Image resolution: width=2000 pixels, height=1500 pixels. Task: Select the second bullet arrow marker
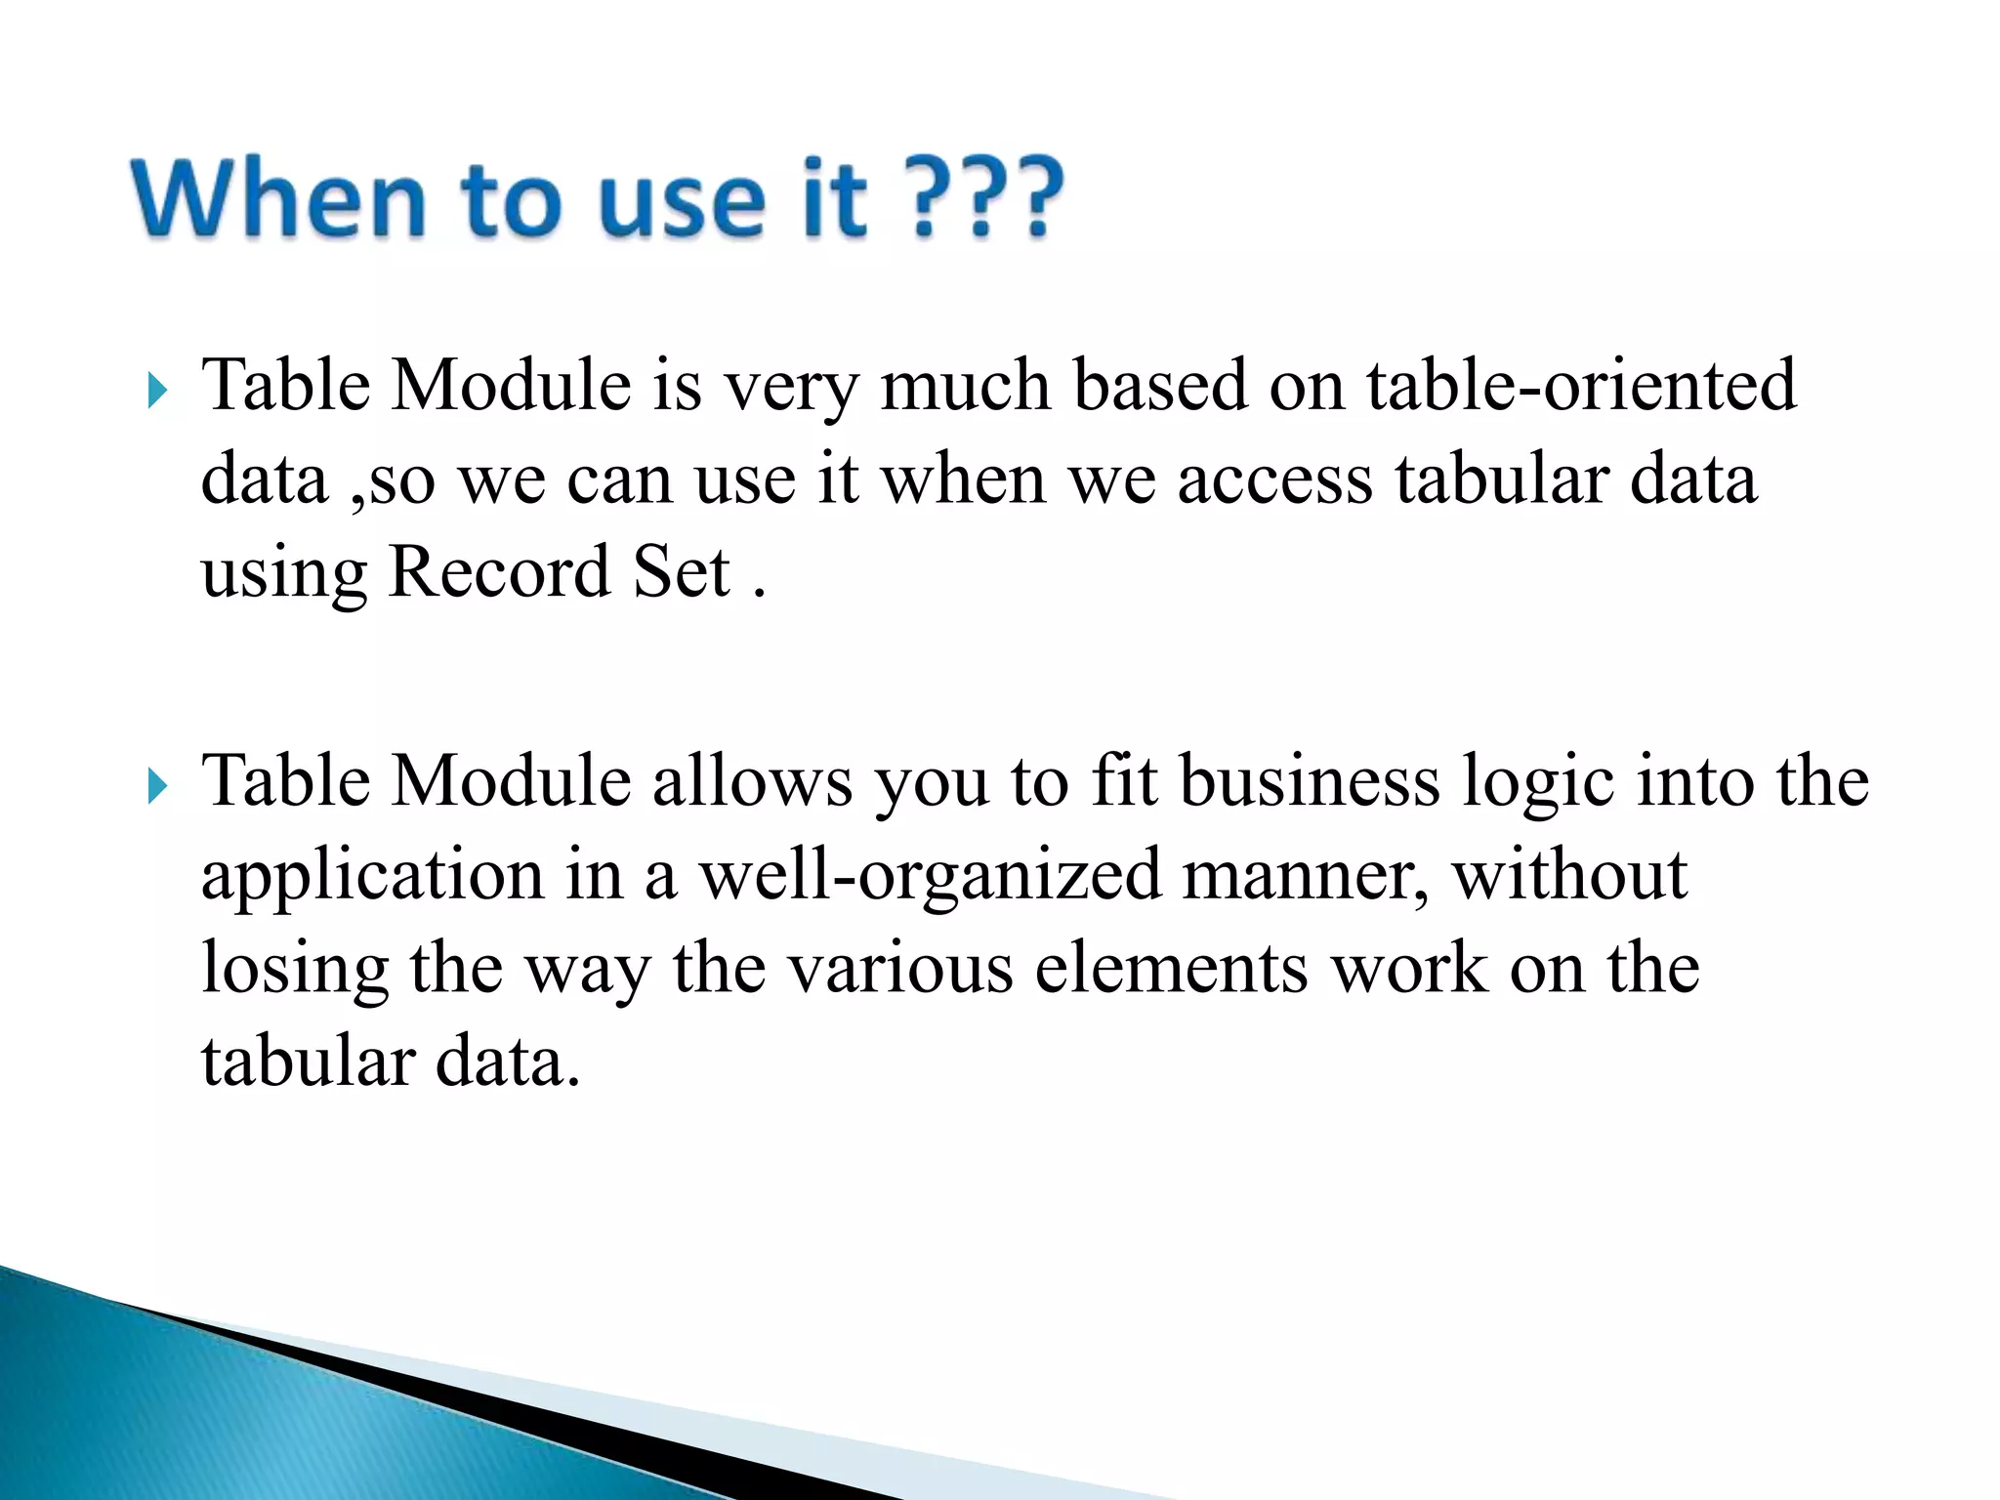point(157,786)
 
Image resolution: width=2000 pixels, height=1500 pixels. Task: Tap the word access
point(1274,480)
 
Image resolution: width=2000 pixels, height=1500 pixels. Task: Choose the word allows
point(752,781)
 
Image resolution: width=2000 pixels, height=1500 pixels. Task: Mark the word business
point(1310,781)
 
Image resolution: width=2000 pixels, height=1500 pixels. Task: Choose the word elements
point(1171,969)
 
